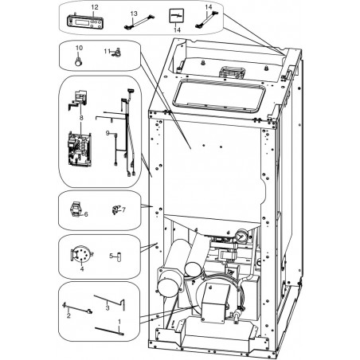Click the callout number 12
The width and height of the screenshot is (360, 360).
pos(95,7)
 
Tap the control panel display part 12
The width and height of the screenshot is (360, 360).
pos(84,22)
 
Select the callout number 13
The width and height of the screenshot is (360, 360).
pos(134,14)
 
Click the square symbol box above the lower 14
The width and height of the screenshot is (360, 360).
pos(177,16)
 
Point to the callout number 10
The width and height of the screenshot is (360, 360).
pos(79,48)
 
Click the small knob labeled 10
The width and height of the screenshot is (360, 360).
pos(78,61)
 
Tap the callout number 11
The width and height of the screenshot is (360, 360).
pos(107,51)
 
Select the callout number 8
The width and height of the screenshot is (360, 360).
pos(81,118)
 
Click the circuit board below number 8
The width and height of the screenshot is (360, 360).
pos(80,149)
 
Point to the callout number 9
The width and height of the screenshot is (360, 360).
pos(108,133)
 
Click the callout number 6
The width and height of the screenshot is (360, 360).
pos(86,214)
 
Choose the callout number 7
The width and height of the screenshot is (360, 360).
pos(123,210)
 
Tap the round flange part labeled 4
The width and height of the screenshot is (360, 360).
pos(81,253)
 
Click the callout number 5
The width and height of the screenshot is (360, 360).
pos(111,256)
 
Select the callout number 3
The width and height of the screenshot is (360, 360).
pos(108,308)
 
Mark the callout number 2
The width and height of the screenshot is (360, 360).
pos(68,316)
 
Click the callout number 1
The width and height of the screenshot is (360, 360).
pos(119,322)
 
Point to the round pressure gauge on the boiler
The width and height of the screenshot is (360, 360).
pos(241,236)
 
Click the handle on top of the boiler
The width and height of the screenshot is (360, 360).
pos(231,72)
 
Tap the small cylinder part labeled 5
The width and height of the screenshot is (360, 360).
pos(119,256)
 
